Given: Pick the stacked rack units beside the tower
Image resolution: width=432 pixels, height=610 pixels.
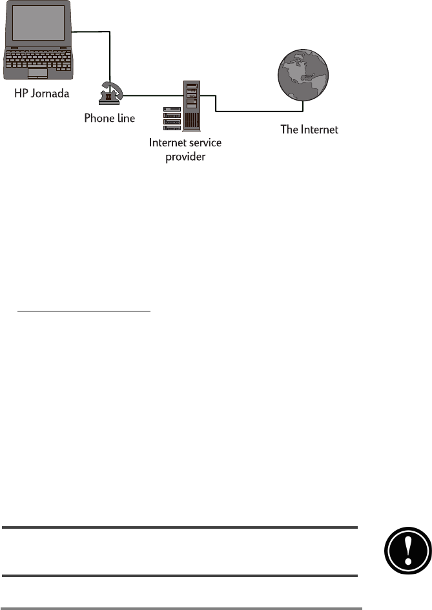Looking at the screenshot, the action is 171,117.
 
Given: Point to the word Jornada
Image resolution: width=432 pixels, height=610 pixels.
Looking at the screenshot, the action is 54,94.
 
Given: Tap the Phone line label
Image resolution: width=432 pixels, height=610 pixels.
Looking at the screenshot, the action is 110,119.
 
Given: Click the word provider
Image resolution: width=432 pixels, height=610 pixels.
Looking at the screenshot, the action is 185,156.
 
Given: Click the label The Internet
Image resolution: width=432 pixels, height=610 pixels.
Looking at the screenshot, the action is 309,130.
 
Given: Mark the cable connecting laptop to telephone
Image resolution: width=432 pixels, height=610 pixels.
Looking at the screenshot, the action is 110,52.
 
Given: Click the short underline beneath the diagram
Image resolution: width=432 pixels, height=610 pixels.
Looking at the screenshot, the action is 84,311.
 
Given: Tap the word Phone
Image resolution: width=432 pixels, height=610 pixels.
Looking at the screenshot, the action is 99,119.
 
